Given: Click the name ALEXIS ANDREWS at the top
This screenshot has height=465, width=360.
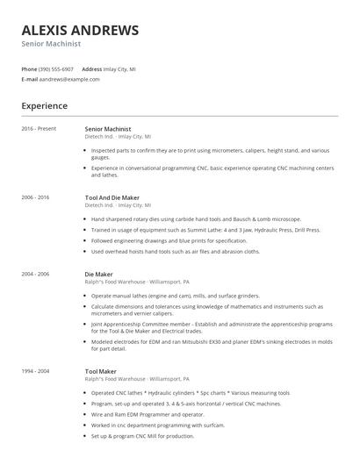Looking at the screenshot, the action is tap(80, 31).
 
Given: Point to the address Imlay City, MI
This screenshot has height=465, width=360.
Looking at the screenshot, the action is tap(120, 68).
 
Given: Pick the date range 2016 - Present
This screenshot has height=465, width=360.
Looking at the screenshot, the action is tap(39, 128).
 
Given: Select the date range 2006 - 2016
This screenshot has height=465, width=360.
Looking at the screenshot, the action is tap(36, 198).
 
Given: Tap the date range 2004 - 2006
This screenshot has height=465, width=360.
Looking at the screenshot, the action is tap(36, 274).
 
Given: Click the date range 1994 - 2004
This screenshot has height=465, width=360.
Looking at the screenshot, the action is tap(36, 371).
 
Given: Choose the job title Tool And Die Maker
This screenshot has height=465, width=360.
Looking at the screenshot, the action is tap(112, 198).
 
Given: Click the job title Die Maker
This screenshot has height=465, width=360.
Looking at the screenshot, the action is tap(97, 274).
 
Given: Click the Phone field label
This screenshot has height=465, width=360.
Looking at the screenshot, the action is tap(29, 68).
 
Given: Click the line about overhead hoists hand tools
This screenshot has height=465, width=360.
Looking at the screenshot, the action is tap(176, 251).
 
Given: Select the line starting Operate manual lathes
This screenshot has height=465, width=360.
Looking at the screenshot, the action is tap(176, 297).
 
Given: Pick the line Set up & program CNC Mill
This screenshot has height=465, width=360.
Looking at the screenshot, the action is tap(145, 435).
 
